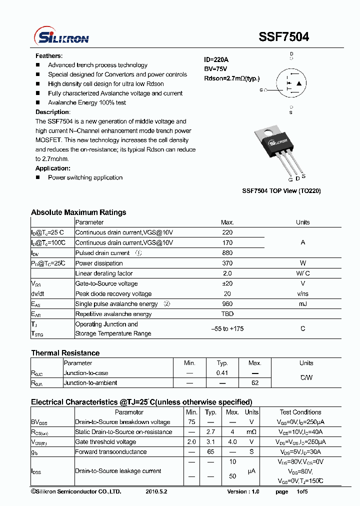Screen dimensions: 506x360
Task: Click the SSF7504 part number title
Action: click(x=283, y=36)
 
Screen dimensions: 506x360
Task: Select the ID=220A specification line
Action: click(x=216, y=59)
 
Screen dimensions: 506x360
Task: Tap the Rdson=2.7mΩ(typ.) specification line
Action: click(x=232, y=78)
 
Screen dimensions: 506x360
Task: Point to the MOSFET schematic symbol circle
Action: click(x=291, y=83)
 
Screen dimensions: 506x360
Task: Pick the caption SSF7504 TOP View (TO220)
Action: click(x=281, y=191)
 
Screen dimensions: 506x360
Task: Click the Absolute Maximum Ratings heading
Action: click(x=78, y=212)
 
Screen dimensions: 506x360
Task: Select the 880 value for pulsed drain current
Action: click(x=227, y=253)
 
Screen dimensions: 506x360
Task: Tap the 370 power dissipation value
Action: click(x=227, y=263)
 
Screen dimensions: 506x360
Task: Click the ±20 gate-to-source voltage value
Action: click(x=227, y=283)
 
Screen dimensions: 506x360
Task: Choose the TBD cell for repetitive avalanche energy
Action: click(x=227, y=314)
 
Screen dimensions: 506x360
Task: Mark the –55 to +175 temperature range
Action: click(x=227, y=329)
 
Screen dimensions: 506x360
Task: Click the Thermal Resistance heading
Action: click(x=65, y=353)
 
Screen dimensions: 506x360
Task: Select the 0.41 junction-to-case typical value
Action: click(x=222, y=373)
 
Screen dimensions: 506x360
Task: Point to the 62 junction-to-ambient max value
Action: click(x=255, y=383)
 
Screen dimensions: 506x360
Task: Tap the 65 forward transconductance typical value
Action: click(x=211, y=452)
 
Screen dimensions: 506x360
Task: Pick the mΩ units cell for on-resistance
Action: click(x=251, y=432)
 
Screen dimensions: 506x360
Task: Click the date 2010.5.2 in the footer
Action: click(x=157, y=492)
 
